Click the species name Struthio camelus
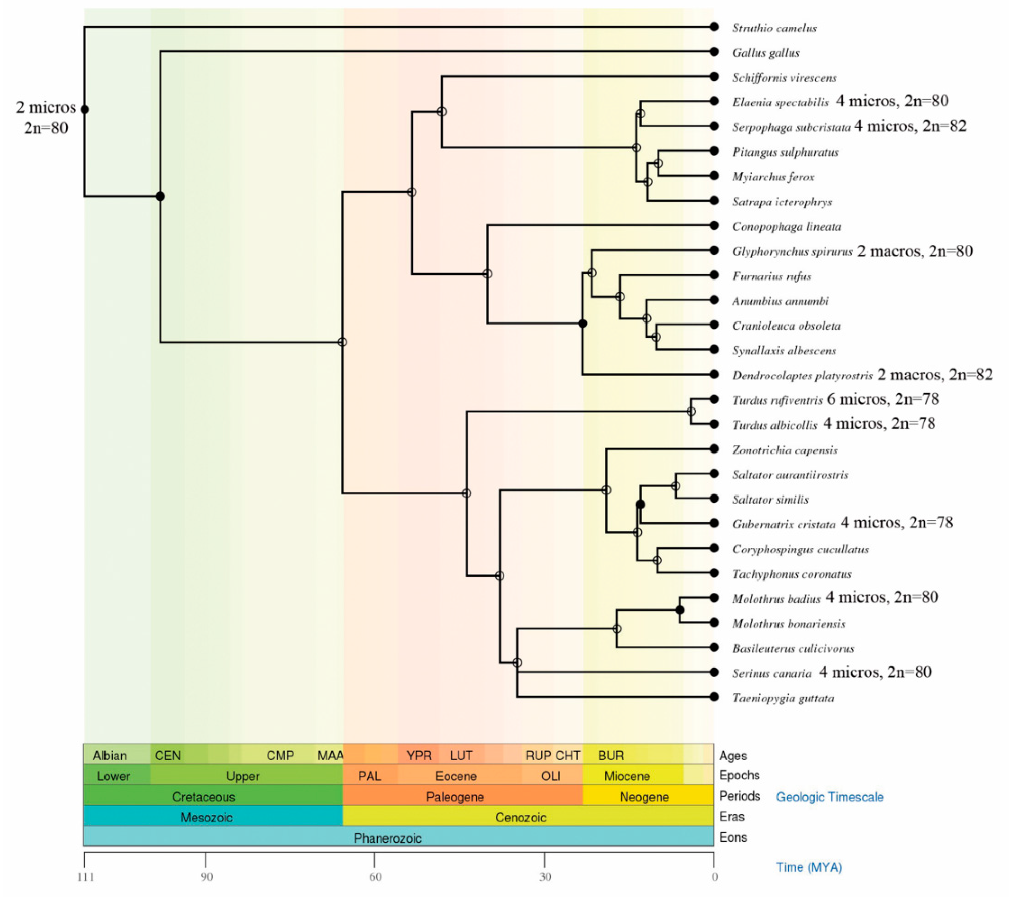click(x=774, y=28)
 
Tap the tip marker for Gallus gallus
click(x=714, y=52)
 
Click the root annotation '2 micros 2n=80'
click(x=46, y=118)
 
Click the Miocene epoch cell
click(x=627, y=776)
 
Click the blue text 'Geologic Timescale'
click(x=829, y=797)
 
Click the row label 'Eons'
click(x=732, y=837)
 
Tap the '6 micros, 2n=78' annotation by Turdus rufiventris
click(x=882, y=399)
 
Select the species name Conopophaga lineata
click(x=786, y=227)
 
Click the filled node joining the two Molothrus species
click(x=680, y=610)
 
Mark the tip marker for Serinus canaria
click(x=714, y=672)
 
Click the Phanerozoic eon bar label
click(x=388, y=838)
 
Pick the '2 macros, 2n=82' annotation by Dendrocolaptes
click(x=935, y=375)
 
